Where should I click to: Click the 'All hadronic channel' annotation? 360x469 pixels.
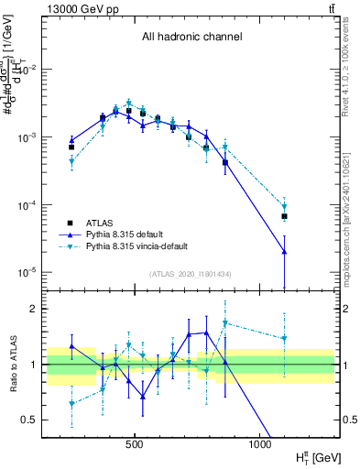pos(191,38)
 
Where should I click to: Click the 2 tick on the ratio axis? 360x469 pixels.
pos(34,309)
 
